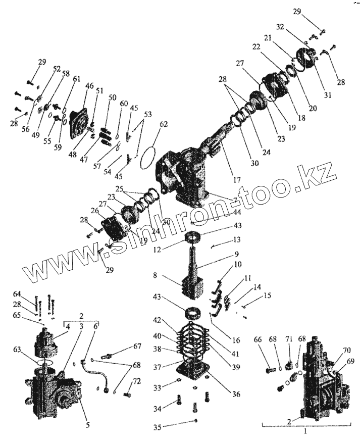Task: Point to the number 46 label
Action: [89, 87]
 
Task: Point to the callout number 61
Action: [76, 79]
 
